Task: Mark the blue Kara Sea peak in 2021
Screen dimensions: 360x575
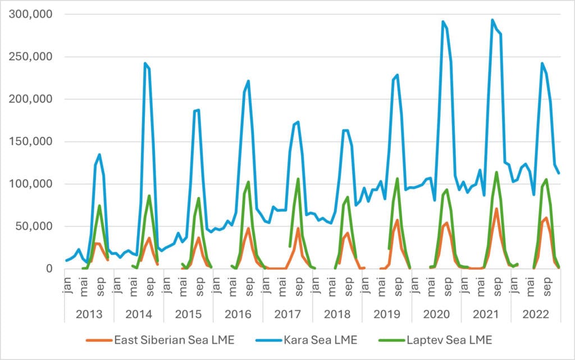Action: (492, 20)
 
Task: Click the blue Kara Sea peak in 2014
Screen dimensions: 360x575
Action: (145, 63)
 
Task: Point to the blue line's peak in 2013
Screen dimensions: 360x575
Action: (99, 154)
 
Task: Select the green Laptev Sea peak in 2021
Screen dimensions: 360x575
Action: (496, 172)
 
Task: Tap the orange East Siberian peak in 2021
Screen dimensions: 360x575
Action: (496, 209)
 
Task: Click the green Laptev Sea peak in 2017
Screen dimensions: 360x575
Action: (298, 179)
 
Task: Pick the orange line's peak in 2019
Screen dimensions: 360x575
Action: (397, 220)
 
